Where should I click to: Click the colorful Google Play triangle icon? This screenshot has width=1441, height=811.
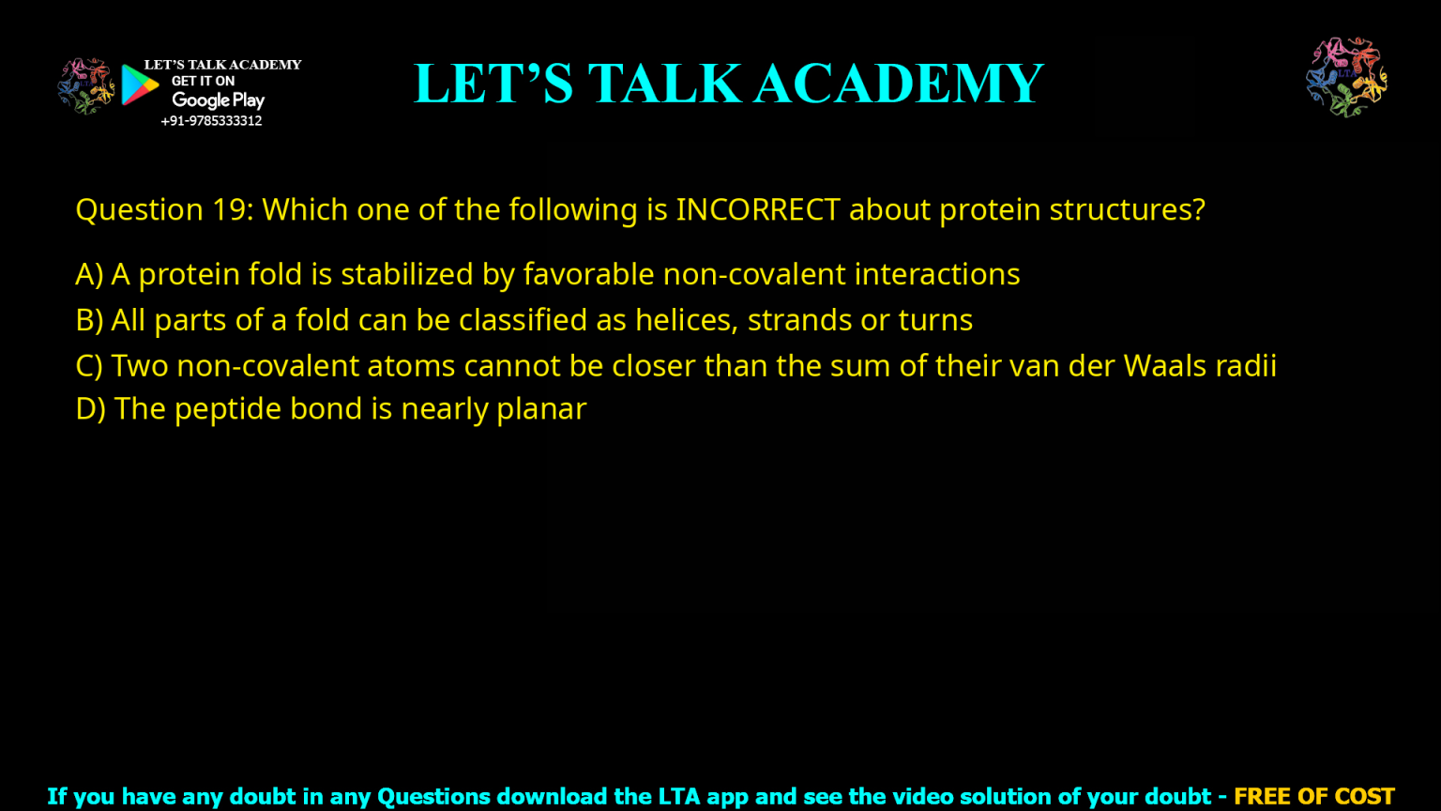point(139,85)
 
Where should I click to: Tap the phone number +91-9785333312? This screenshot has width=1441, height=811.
point(211,121)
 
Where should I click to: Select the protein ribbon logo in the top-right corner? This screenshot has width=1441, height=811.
point(1346,77)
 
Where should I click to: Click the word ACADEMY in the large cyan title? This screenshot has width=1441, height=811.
point(899,84)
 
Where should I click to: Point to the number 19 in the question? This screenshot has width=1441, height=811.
point(228,209)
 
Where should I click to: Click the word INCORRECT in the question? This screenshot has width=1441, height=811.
point(757,209)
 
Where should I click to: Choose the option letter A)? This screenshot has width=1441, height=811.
point(89,274)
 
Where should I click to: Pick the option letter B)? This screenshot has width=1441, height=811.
point(89,320)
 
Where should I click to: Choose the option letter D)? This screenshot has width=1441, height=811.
point(90,409)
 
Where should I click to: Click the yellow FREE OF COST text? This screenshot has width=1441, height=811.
point(1313,797)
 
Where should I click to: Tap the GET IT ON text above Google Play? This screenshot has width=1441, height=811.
point(203,82)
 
